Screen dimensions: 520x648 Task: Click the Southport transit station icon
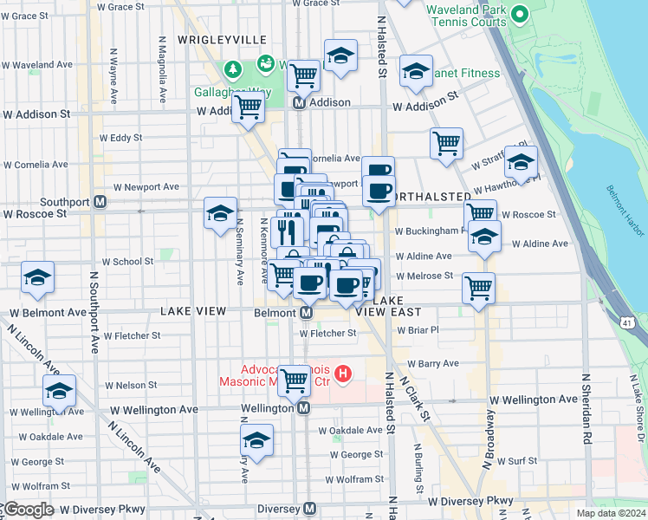point(100,202)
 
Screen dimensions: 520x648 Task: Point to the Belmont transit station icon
point(307,312)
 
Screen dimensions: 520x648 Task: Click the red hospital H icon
point(343,375)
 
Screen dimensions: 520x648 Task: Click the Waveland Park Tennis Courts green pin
point(520,14)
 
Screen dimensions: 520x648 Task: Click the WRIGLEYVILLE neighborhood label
point(222,40)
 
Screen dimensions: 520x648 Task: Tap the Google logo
point(28,510)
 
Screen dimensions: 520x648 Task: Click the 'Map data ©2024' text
point(611,513)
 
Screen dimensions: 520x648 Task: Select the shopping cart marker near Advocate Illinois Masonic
point(295,379)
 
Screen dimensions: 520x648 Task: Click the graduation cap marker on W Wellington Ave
point(59,391)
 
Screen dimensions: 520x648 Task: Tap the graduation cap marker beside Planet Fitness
point(416,71)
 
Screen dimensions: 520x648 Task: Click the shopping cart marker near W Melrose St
point(478,286)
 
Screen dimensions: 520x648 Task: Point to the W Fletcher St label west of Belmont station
point(132,335)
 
